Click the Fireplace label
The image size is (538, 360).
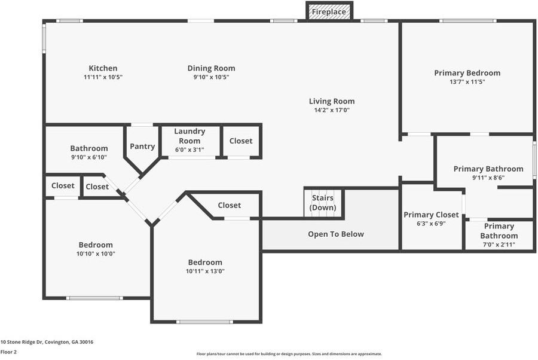tap(329, 12)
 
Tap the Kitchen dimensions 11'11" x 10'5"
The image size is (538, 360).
tap(103, 77)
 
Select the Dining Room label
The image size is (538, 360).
tap(212, 68)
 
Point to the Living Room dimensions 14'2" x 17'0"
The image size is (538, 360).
tap(332, 110)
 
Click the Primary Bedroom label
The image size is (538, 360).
tap(467, 73)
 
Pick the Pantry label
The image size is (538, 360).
tap(142, 147)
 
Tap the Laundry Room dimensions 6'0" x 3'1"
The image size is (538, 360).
tap(189, 150)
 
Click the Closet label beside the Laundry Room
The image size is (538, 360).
tap(241, 141)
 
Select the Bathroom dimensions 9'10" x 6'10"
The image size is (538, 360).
tap(89, 157)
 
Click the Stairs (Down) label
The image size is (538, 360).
tap(323, 203)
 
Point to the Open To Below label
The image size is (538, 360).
tap(336, 234)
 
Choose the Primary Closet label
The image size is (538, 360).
tap(431, 215)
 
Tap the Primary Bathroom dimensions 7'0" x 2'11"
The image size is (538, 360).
tap(499, 245)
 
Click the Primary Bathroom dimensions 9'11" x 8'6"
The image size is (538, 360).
tap(488, 178)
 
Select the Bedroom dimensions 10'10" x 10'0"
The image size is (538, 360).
tap(96, 254)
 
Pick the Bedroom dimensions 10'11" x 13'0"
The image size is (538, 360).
tap(205, 271)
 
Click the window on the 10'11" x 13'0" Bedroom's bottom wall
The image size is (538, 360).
tap(205, 322)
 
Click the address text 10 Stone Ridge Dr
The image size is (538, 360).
tap(22, 342)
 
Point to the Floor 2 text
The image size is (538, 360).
tap(8, 352)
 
